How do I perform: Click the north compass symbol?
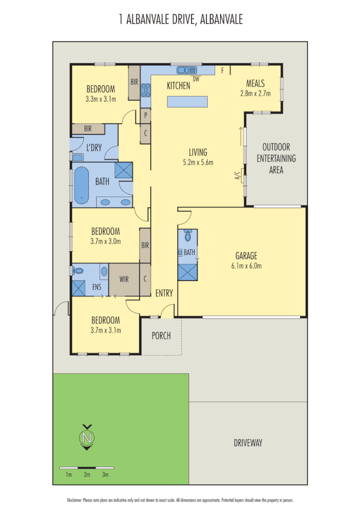[87, 437]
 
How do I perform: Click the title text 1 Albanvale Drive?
[181, 20]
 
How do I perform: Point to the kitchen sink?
[186, 71]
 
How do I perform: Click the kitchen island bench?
[187, 102]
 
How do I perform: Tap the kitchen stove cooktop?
[145, 89]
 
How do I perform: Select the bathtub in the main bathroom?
[82, 185]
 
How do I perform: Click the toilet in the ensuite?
[78, 271]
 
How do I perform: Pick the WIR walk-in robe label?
[124, 279]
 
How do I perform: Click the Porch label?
[161, 335]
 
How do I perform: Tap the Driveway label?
[248, 443]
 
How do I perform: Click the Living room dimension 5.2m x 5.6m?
[198, 162]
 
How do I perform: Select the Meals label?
[255, 83]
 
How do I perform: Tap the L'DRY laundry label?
[93, 148]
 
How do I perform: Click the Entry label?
[164, 293]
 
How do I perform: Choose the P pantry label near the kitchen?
[145, 114]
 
